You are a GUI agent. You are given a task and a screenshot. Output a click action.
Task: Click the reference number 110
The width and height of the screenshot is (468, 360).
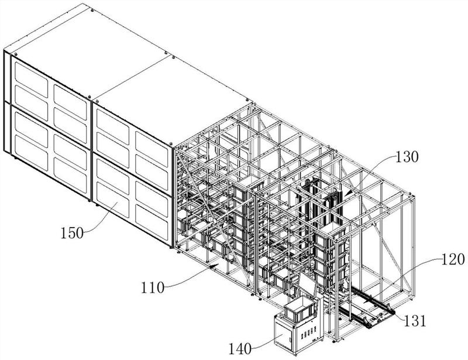153,288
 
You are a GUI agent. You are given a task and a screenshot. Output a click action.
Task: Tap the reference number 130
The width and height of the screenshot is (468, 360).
407,156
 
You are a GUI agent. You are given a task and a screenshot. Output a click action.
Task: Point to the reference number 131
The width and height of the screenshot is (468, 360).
415,321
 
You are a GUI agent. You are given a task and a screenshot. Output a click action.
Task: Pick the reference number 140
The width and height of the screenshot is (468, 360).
240,348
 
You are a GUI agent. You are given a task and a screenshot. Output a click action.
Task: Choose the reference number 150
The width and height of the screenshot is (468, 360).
72,233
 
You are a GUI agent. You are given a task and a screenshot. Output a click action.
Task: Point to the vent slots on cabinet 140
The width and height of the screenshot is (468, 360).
308,332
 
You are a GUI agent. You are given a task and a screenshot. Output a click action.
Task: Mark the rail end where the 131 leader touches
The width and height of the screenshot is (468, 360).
393,312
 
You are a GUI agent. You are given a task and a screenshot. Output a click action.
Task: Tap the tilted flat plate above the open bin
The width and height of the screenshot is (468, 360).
308,284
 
